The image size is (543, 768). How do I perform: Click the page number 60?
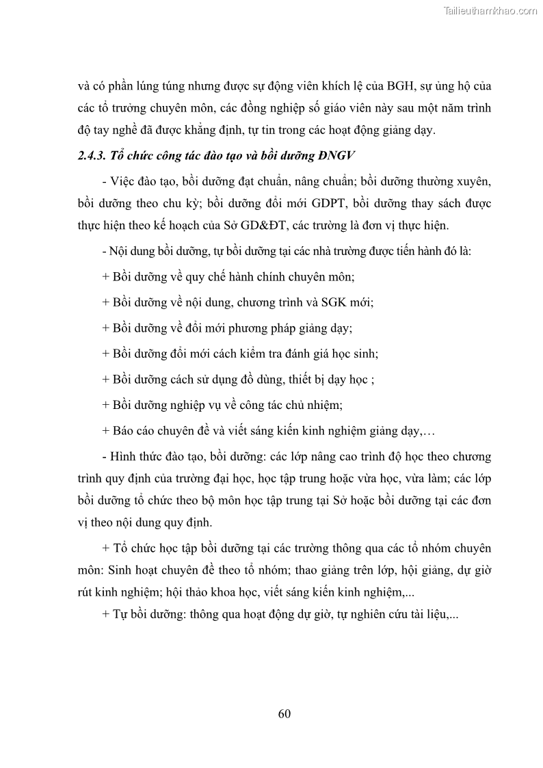(285, 714)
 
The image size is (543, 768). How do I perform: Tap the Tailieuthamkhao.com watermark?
(491, 10)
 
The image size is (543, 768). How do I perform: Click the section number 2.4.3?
(92, 157)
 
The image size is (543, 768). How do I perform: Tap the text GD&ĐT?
(276, 226)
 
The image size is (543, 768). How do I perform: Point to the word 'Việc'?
(124, 182)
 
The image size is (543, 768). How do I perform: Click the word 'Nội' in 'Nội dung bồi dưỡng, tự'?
(121, 251)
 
